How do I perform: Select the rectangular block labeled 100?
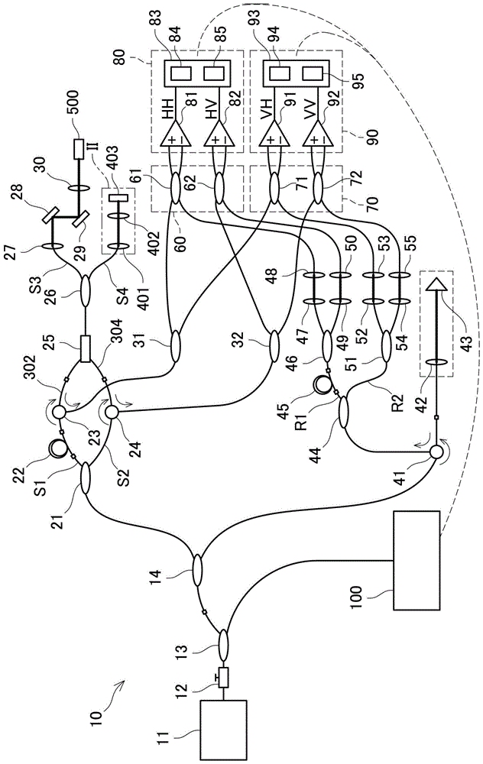coord(416,562)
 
